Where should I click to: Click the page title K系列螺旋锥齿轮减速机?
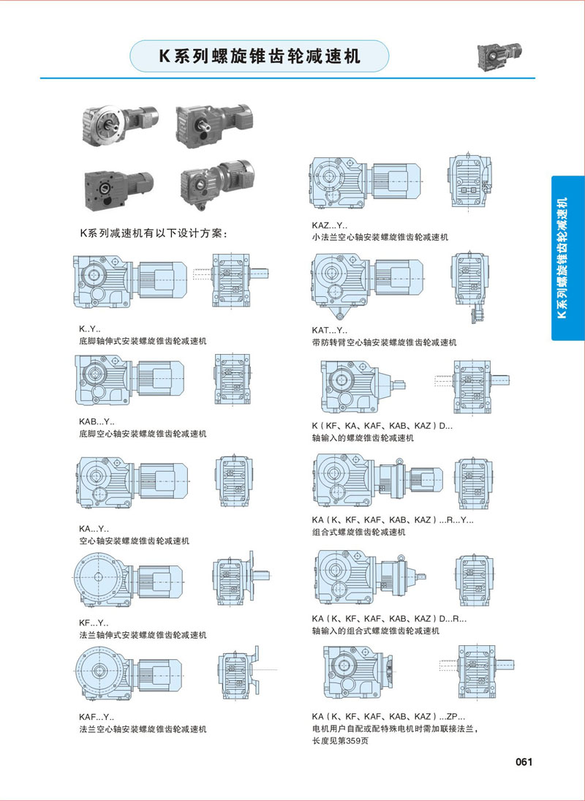[260, 57]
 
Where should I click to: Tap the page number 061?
[524, 761]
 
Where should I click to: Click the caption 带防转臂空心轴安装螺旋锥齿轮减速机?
[384, 342]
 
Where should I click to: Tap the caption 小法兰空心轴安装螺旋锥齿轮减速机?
[380, 238]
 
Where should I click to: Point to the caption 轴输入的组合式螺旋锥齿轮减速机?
[375, 630]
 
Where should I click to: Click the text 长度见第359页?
[340, 741]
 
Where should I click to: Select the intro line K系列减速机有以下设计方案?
[154, 234]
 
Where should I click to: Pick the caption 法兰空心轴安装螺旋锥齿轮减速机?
[143, 729]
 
